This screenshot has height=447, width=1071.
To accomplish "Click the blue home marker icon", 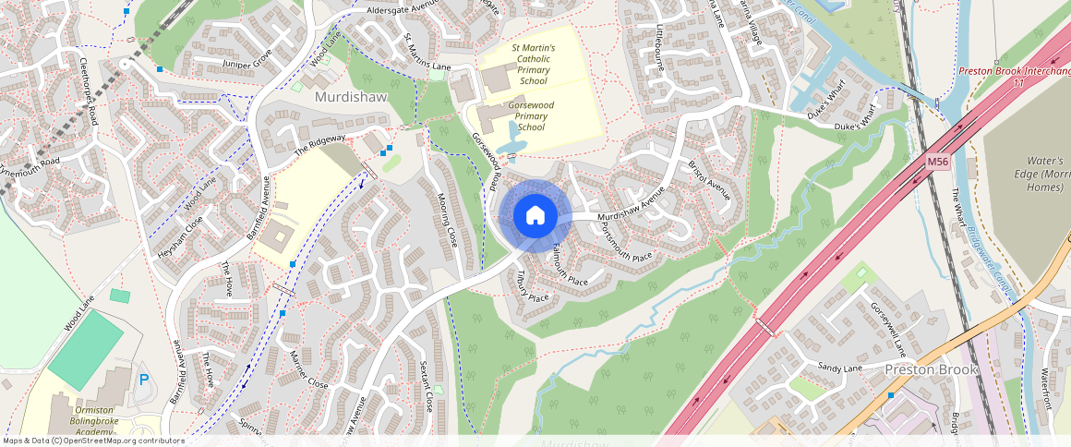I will [x=535, y=216].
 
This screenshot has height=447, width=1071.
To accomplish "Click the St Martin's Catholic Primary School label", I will [x=533, y=64].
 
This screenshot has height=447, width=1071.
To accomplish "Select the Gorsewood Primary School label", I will [x=531, y=116].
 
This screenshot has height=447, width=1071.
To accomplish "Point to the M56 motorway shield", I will [x=938, y=163].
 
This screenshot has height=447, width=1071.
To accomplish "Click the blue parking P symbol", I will [x=143, y=380].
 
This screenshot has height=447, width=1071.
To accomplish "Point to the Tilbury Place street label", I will [x=533, y=287].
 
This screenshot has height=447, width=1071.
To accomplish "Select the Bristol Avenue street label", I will [x=709, y=181].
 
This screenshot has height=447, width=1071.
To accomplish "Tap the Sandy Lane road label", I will [x=839, y=368].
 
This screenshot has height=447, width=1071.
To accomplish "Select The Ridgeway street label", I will [x=319, y=144].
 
